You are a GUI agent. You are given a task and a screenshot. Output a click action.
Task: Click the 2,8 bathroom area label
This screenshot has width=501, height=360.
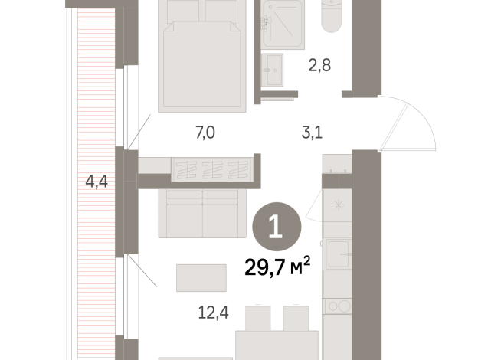(319, 65)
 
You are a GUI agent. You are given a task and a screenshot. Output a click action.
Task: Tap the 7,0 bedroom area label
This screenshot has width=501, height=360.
(205, 133)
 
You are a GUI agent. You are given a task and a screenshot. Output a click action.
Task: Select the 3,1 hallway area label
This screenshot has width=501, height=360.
(312, 133)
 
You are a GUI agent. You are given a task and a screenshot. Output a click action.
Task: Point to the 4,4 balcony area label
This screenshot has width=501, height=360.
(97, 182)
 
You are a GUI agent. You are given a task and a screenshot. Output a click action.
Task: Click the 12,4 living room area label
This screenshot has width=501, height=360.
(213, 313)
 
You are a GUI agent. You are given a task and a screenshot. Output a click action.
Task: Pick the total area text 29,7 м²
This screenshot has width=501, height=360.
(277, 267)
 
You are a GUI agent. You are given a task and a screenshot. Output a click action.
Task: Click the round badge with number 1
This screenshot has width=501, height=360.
(277, 227)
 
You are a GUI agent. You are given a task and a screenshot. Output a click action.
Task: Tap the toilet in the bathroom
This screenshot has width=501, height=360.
(332, 16)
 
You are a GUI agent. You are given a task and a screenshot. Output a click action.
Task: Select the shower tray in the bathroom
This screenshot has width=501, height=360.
(283, 25)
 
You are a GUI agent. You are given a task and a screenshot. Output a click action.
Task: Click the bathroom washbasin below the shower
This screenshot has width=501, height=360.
(272, 70)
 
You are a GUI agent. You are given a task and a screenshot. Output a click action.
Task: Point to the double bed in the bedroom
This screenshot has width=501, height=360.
(202, 56)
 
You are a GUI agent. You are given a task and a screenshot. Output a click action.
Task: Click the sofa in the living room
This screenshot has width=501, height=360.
(202, 214)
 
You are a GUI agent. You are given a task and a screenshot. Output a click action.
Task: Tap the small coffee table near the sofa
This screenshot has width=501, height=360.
(201, 278)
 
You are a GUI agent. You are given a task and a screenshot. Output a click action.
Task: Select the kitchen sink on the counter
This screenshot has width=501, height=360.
(339, 254)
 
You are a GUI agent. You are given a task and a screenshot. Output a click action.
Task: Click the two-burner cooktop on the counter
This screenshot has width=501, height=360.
(339, 306)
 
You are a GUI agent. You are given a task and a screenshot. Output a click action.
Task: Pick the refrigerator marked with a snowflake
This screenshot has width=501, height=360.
(337, 205)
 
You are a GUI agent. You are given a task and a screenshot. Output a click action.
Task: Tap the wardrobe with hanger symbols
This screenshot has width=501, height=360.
(212, 169)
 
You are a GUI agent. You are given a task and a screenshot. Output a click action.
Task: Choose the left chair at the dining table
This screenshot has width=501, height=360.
(258, 319)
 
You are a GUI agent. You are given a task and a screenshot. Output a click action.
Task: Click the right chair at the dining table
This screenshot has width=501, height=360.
(296, 319)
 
